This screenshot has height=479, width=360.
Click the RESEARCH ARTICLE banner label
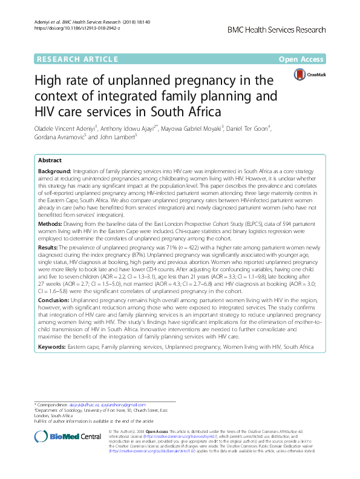pyautogui.click(x=77, y=59)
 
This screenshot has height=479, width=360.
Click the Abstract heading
pyautogui.click(x=51, y=160)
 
